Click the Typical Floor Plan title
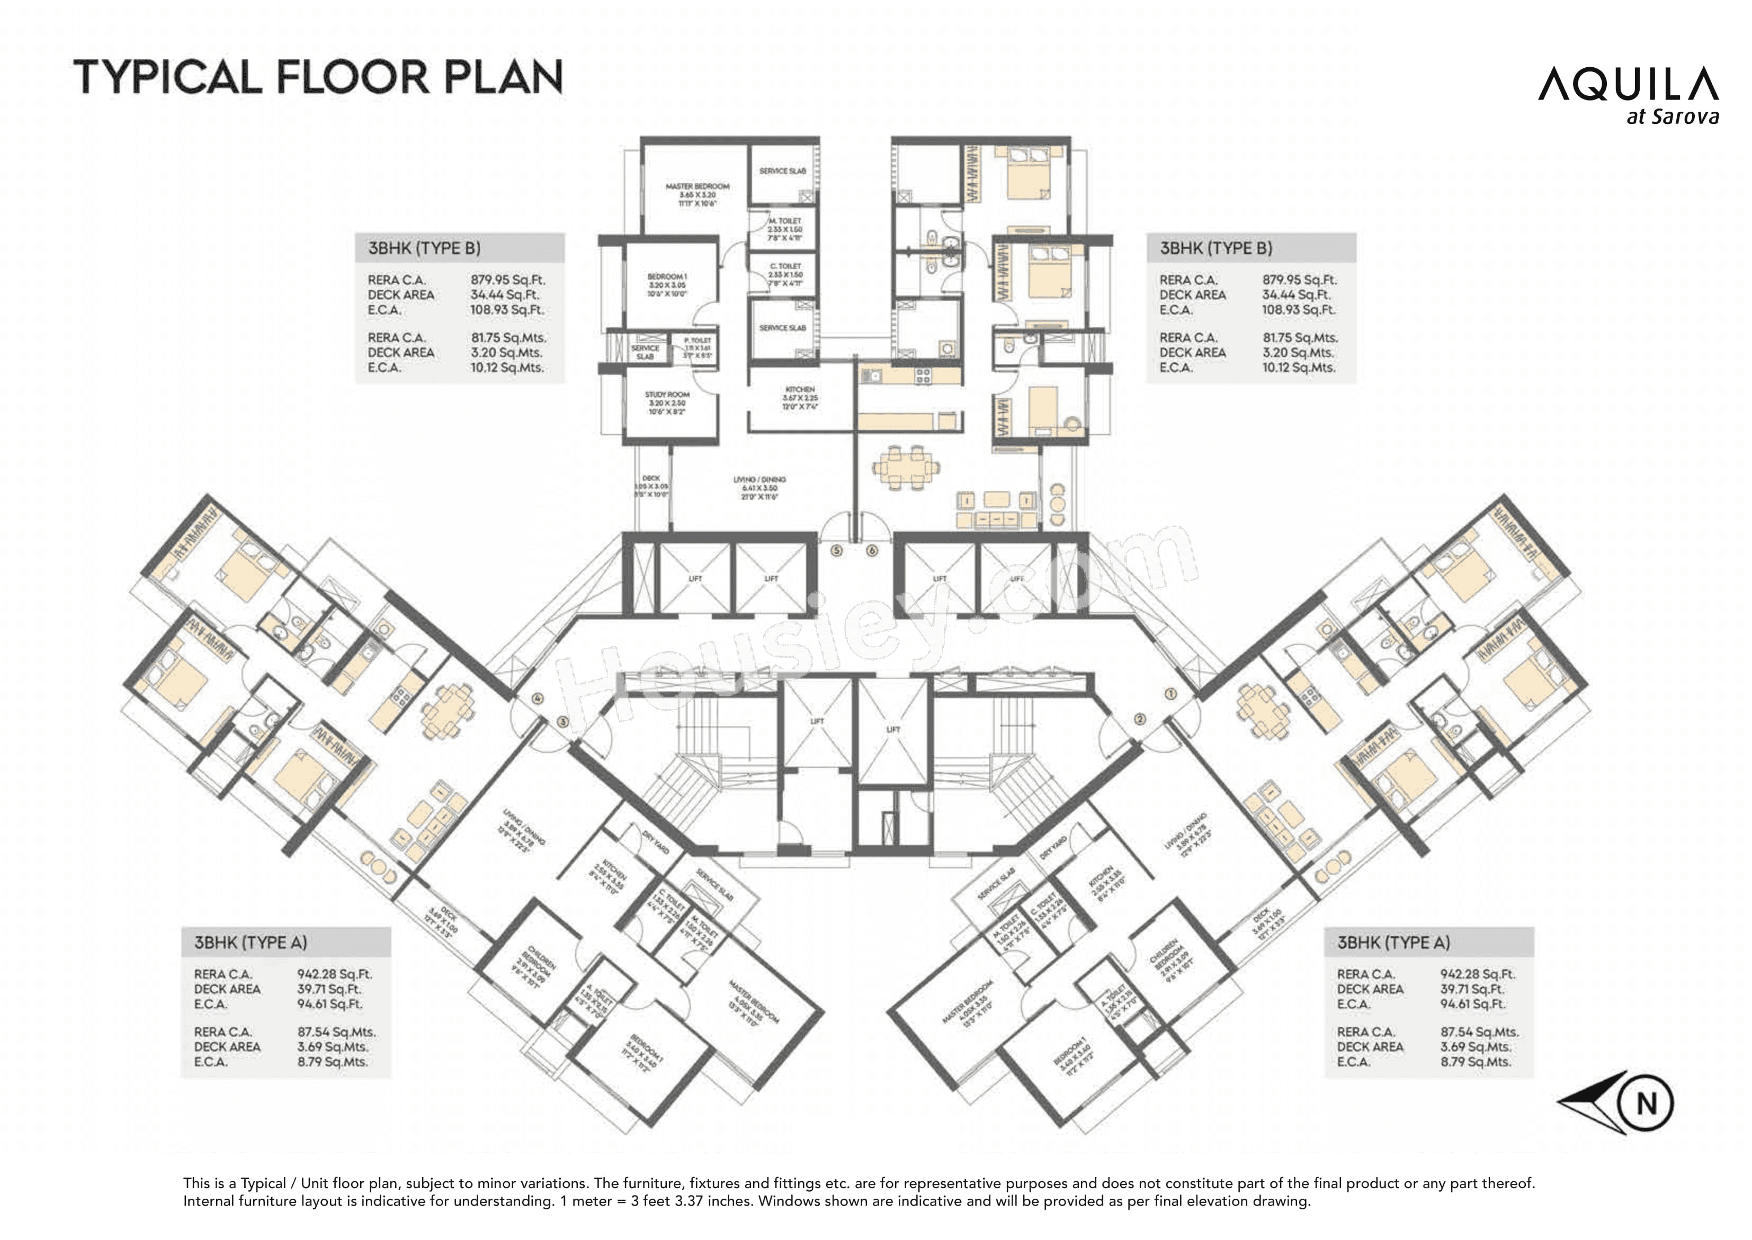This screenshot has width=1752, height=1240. click(318, 77)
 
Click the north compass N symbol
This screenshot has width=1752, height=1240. click(1647, 1103)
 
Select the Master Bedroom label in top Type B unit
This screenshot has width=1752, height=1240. click(696, 186)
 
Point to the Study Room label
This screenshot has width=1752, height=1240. click(667, 395)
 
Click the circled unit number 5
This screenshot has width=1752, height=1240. click(836, 551)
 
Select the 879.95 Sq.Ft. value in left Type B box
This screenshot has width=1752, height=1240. click(508, 280)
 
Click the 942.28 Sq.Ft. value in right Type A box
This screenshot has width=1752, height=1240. click(1477, 974)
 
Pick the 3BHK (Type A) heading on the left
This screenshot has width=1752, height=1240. click(251, 942)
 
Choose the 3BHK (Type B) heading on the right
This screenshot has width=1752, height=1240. click(1216, 248)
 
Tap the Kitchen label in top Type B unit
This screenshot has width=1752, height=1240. click(800, 389)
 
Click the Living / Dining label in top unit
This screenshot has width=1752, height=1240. click(759, 480)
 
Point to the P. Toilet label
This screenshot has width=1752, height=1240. click(698, 340)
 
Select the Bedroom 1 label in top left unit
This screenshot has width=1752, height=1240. click(667, 276)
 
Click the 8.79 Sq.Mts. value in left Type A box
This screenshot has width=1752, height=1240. click(332, 1062)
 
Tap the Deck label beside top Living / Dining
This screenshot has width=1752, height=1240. click(651, 478)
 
